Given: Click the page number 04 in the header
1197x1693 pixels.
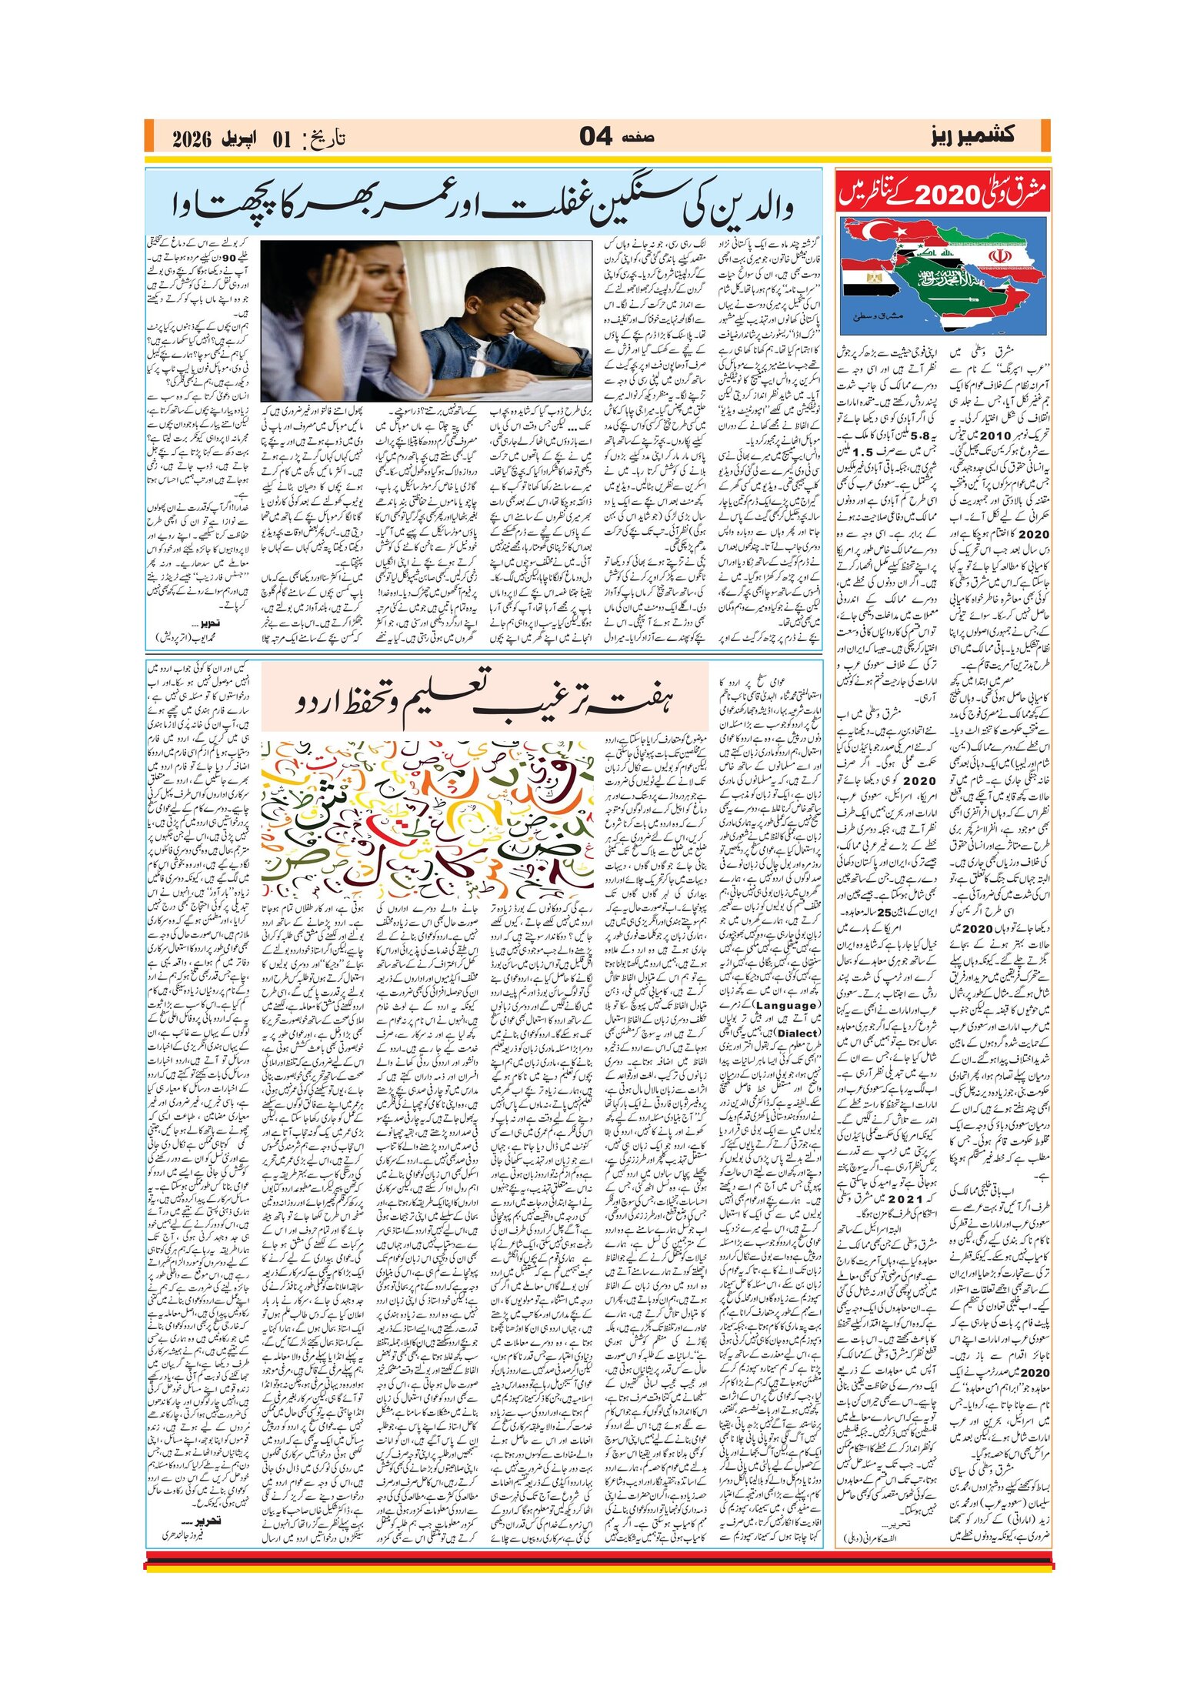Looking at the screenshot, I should tap(596, 137).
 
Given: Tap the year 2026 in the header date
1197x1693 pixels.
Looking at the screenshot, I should tap(192, 139).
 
